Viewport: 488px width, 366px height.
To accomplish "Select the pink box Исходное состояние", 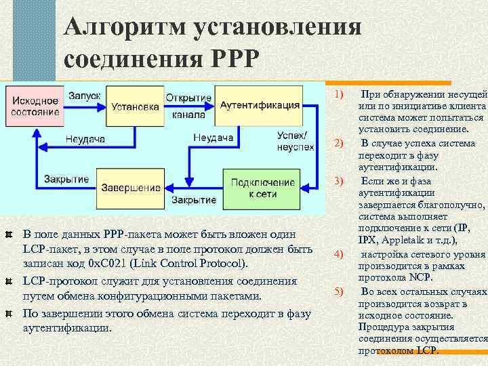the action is pos(35,106).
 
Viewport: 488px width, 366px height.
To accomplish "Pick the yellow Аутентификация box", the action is pos(260,106).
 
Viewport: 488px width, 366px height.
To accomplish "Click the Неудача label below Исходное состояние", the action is pos(85,139).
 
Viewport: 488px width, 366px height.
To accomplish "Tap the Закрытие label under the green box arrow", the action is pos(194,201).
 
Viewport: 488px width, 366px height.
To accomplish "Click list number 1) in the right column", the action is pos(340,93).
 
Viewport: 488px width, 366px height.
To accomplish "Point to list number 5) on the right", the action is pos(340,291).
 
